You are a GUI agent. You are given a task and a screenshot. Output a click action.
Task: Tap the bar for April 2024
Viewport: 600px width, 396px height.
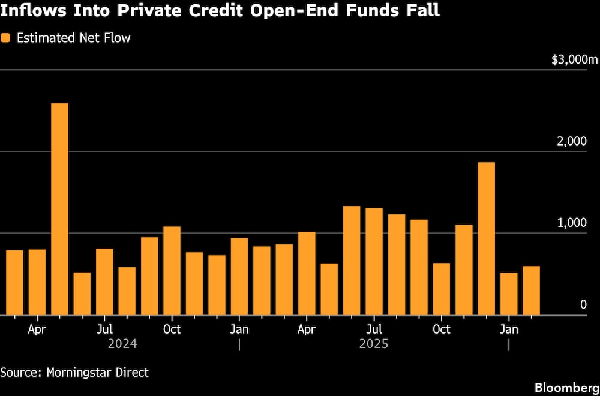[37, 282]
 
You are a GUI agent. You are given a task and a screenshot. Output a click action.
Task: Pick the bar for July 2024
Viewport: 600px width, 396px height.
[104, 281]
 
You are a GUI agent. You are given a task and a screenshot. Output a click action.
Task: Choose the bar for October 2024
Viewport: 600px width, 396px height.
[172, 270]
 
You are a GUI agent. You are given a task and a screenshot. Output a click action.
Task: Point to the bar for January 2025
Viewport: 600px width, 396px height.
[239, 276]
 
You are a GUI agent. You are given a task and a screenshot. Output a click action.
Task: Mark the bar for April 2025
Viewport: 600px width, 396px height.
[307, 273]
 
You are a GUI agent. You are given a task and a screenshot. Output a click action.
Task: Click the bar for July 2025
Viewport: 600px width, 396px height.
[374, 261]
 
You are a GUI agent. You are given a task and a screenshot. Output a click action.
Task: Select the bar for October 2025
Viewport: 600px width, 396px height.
[442, 288]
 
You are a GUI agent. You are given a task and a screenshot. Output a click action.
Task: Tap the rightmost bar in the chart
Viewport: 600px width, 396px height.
[532, 290]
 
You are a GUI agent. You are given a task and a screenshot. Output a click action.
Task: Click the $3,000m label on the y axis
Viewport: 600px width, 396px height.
[575, 60]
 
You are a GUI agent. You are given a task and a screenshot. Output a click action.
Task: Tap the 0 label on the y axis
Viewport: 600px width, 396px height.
[583, 304]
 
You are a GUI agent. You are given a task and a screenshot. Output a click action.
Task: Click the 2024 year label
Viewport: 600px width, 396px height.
[122, 344]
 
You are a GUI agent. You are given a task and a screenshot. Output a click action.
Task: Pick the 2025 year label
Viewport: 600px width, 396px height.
[374, 344]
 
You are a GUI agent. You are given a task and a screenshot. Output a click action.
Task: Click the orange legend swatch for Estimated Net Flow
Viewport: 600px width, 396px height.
[6, 38]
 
